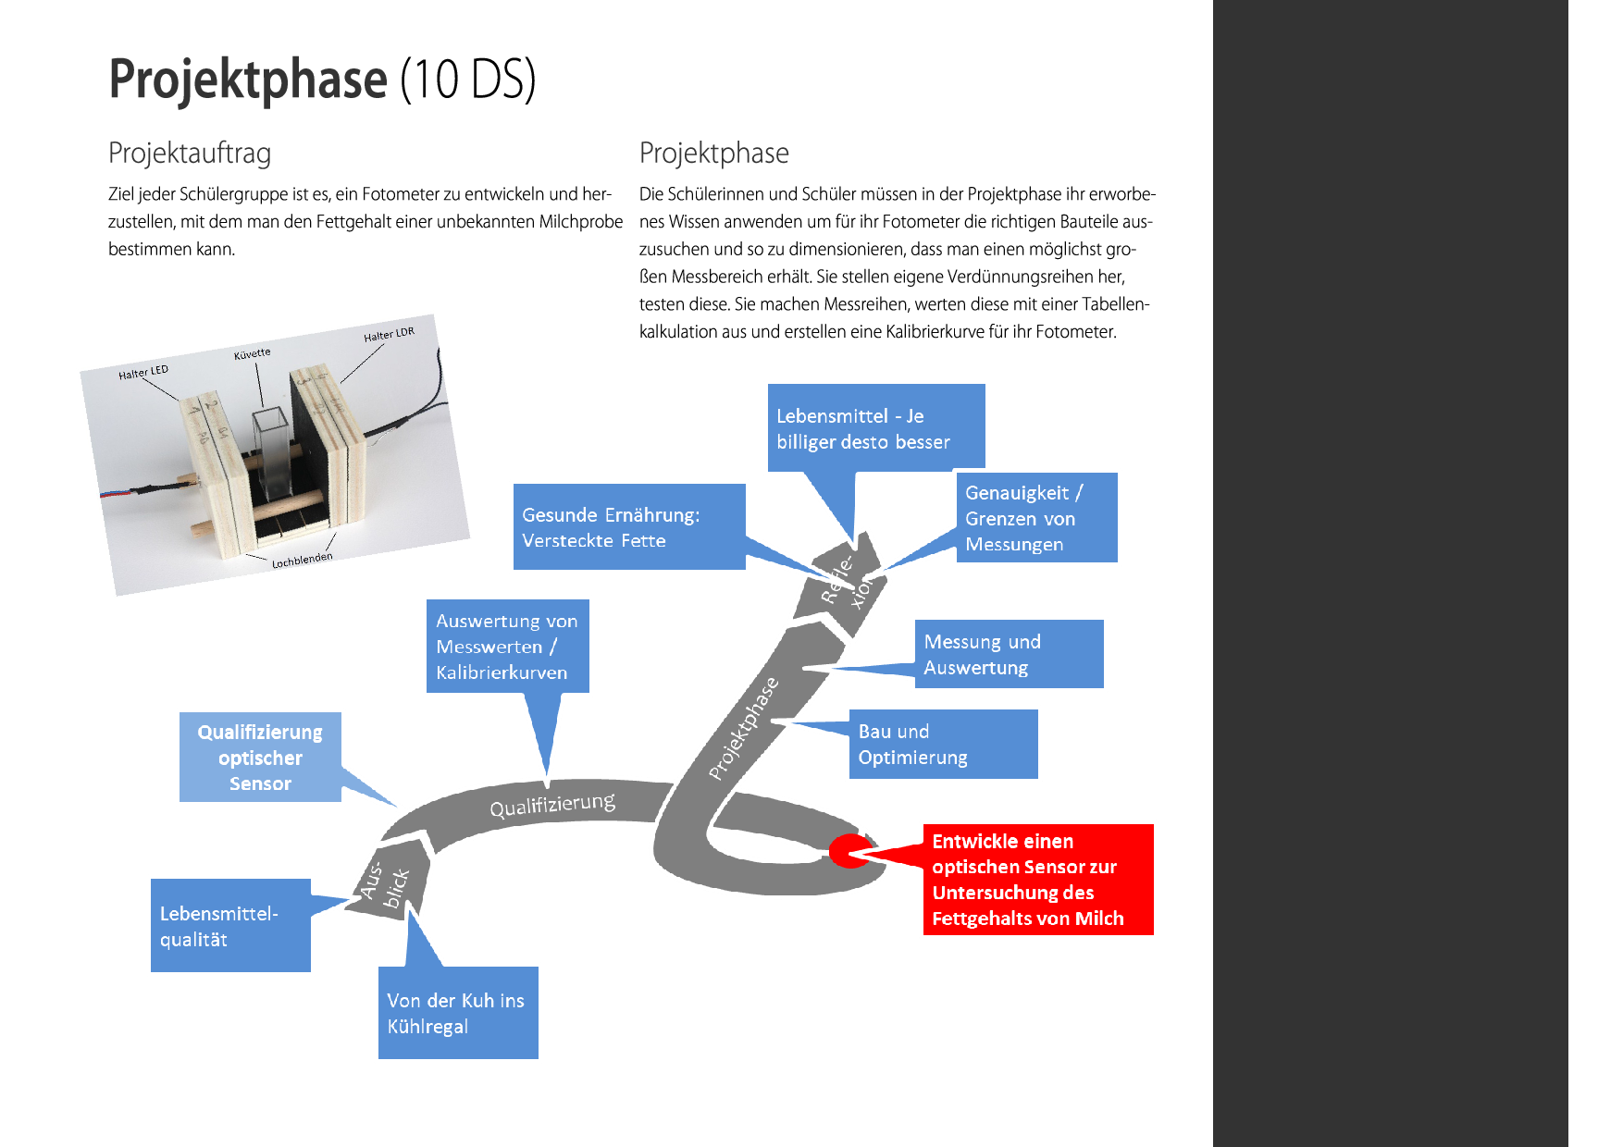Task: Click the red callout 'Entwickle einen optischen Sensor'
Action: (1037, 879)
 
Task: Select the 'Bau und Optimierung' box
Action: (943, 744)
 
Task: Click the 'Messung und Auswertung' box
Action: (1009, 654)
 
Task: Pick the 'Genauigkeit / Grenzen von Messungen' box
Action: (1036, 518)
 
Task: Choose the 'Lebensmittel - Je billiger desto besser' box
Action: (875, 427)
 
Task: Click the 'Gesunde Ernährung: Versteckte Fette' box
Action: (629, 526)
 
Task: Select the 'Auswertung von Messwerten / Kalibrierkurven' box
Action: (507, 646)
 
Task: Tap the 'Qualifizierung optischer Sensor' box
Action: (260, 757)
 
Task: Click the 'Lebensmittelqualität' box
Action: (230, 925)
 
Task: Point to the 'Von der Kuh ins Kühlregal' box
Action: (458, 1012)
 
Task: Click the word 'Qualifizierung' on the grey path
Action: (552, 805)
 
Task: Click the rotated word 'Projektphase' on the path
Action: (744, 729)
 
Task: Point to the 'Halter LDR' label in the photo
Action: (389, 334)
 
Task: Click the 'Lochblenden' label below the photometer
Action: (302, 560)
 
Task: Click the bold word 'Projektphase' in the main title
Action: (248, 79)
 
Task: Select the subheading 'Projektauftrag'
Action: (190, 153)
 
